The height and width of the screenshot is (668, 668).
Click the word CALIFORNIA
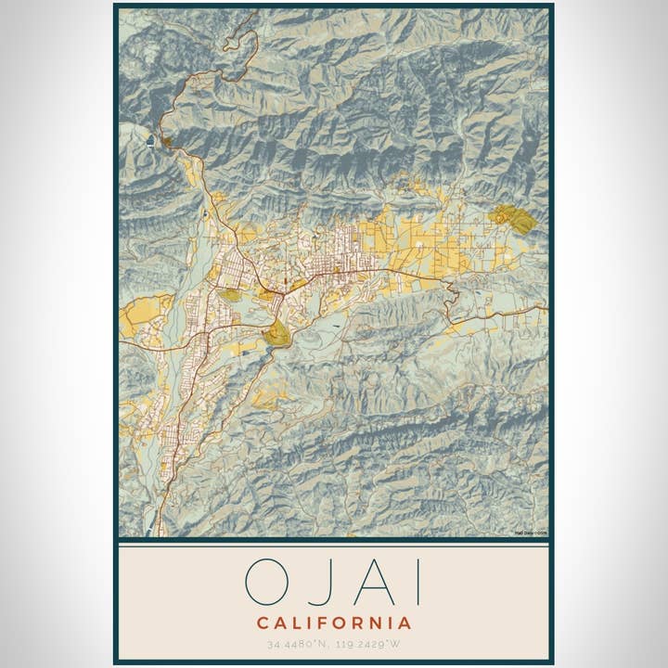point(334,623)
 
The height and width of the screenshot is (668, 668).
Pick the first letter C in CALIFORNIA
point(263,623)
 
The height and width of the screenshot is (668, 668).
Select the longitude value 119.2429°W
point(371,643)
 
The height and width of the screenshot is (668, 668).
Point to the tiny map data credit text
point(531,533)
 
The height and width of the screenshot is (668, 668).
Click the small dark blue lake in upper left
point(150,141)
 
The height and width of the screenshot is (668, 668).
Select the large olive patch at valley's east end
point(513,220)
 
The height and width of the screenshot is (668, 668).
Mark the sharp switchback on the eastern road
point(453,295)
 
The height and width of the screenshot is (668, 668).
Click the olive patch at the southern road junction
point(277,334)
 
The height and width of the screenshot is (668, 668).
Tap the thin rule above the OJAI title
point(334,546)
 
